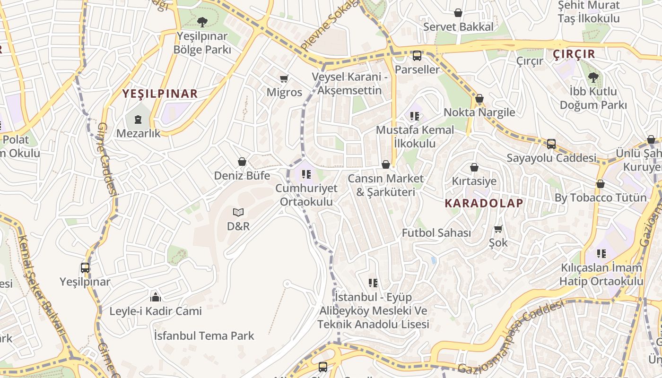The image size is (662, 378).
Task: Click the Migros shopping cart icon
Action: tap(284, 78)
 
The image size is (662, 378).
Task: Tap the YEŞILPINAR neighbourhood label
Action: tap(160, 93)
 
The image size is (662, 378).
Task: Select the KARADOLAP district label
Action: tap(484, 203)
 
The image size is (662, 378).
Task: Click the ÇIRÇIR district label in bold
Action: tap(574, 54)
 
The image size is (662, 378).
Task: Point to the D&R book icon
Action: tap(238, 213)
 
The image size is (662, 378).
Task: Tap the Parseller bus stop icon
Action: tap(417, 56)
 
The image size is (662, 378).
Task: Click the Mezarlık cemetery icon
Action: tap(138, 120)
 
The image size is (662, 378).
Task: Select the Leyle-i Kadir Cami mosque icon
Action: tap(155, 297)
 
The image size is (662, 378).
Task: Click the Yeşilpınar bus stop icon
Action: tap(85, 268)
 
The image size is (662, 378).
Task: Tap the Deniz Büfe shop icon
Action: tap(242, 162)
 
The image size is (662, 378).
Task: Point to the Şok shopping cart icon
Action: tap(498, 229)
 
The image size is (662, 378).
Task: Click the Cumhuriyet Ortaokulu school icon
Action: tap(306, 175)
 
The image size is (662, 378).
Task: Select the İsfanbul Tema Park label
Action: tap(204, 336)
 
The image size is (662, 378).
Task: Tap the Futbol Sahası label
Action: tap(436, 233)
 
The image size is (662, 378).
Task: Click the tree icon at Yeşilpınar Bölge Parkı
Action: tap(202, 21)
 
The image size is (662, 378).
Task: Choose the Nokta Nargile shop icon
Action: tap(479, 99)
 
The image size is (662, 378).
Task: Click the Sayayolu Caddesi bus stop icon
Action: tap(551, 144)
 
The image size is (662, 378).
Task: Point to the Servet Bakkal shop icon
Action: tap(458, 13)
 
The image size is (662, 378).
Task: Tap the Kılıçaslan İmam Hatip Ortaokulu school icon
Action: tap(601, 254)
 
